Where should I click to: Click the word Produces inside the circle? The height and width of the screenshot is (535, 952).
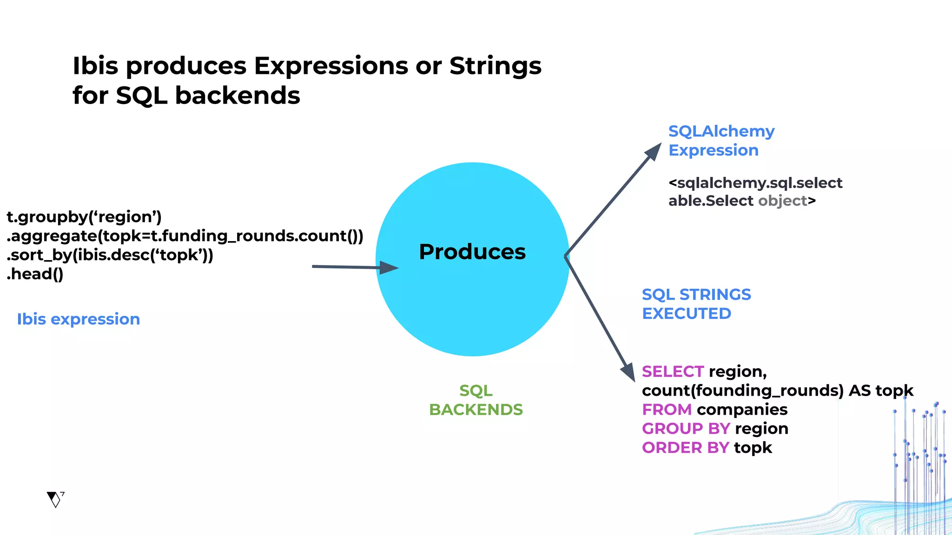[472, 252]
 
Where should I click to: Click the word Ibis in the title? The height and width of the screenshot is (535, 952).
[95, 66]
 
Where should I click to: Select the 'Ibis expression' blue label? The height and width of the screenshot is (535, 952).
[79, 319]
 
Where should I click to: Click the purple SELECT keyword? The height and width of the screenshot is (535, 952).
[673, 372]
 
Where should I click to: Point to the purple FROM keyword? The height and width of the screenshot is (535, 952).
[667, 410]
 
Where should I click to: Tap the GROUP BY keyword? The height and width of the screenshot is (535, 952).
[685, 429]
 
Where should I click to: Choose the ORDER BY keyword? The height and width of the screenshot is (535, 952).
[685, 448]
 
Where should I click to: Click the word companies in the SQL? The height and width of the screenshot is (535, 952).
[742, 410]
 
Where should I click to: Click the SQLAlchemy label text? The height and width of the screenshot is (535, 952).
[721, 131]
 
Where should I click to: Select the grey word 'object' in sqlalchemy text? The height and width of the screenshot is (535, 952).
[782, 201]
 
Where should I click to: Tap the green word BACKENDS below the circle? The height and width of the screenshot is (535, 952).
[476, 410]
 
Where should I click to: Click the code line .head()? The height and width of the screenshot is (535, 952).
[35, 274]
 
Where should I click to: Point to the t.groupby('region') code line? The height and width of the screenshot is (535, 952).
[84, 217]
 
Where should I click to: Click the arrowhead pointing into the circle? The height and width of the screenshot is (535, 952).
[388, 267]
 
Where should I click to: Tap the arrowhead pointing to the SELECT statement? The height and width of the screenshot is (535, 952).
[629, 372]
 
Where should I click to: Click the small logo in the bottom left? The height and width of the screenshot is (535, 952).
[55, 499]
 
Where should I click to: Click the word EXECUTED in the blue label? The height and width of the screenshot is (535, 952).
[687, 314]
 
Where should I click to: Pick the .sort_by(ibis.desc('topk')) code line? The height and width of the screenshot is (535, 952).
[110, 255]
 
